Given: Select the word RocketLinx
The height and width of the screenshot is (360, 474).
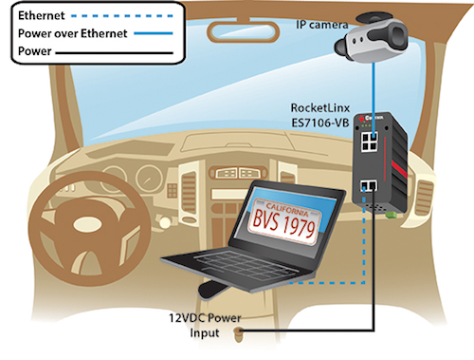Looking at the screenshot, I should (319, 107).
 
